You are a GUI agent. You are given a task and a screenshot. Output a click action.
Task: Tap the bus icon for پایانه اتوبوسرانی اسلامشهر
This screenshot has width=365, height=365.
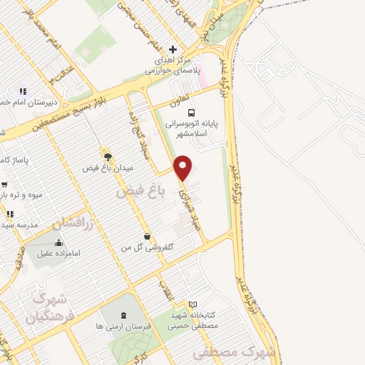point(190,112)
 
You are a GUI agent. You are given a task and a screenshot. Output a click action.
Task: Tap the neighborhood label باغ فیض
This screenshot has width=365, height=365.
point(135,192)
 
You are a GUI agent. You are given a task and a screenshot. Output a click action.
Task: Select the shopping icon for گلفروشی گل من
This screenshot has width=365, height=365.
point(147,236)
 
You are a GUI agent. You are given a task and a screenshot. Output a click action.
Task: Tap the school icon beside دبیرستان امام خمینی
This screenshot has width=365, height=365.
point(23,91)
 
